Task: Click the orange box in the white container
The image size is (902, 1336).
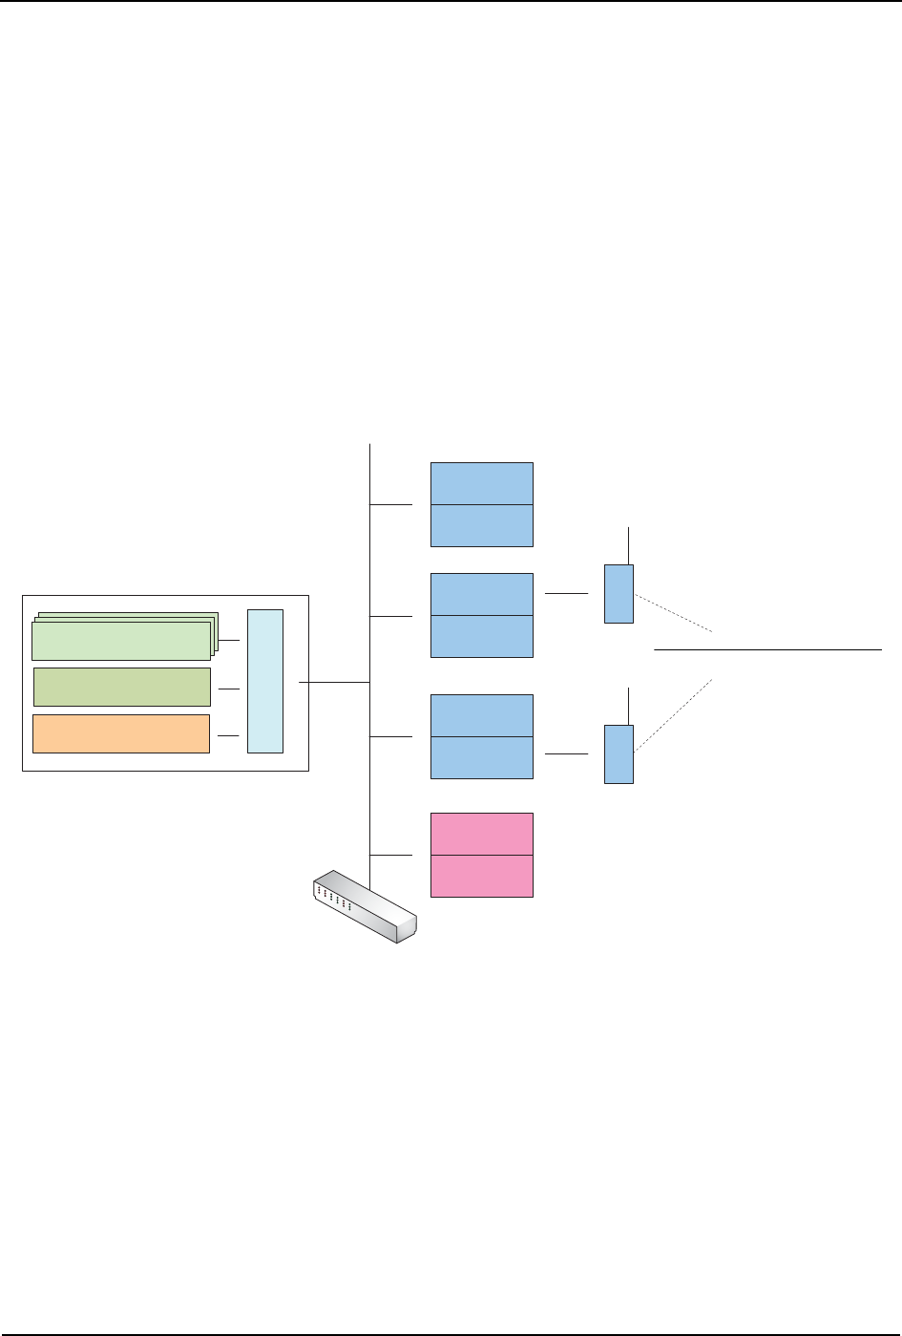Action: coord(121,733)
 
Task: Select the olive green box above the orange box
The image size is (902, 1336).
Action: coord(121,687)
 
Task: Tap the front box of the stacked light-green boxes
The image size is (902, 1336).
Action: coord(120,641)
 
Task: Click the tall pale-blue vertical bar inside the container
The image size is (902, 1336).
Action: coord(265,681)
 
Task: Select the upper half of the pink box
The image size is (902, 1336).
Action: coord(481,834)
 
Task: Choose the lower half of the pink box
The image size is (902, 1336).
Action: coord(481,876)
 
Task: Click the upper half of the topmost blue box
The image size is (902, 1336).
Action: coord(481,483)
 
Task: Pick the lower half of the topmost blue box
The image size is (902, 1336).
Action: coord(481,525)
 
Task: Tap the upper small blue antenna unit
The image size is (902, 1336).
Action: coord(619,594)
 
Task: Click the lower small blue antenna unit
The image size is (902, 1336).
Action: coord(619,754)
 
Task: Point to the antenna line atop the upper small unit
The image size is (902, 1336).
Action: coord(628,544)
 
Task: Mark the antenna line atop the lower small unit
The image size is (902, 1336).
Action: coord(628,706)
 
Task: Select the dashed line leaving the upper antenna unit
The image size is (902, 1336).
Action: coord(674,613)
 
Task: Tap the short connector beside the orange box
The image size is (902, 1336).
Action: coord(228,735)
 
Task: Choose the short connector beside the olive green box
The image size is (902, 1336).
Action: coord(228,688)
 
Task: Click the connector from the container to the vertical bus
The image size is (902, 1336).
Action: coord(334,682)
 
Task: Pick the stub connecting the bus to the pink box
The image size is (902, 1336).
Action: coord(390,855)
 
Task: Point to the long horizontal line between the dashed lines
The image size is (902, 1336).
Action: coord(767,649)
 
